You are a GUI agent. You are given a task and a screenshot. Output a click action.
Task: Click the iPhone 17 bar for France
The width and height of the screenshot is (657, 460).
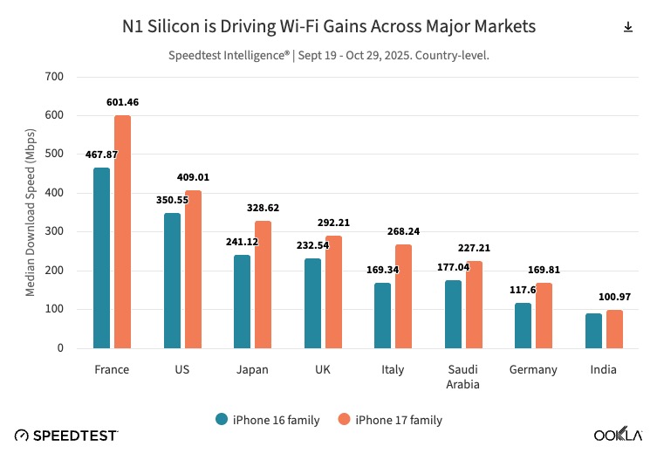pyautogui.click(x=122, y=232)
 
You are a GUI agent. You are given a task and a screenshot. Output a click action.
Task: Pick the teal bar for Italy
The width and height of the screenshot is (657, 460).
pyautogui.click(x=382, y=315)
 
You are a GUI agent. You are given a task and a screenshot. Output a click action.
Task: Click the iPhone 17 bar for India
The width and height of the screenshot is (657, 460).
pyautogui.click(x=614, y=329)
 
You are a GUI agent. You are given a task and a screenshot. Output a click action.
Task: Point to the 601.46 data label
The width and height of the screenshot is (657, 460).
pyautogui.click(x=122, y=102)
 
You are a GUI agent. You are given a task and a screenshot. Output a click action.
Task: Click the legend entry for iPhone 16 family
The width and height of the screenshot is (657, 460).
pyautogui.click(x=268, y=420)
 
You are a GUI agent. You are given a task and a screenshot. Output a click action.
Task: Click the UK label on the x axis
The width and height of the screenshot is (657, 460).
pyautogui.click(x=322, y=369)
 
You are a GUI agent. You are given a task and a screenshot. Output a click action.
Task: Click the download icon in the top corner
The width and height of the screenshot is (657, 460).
pyautogui.click(x=627, y=27)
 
